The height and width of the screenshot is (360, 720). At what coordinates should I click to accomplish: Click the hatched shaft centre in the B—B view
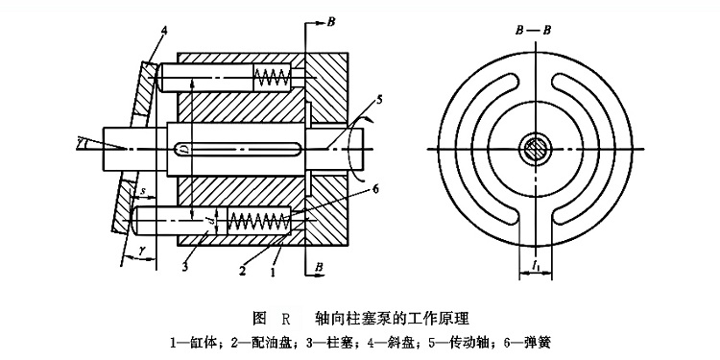click(536, 149)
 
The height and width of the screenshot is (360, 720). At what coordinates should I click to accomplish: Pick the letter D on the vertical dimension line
click(185, 149)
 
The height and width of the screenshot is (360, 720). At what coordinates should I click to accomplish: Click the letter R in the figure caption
click(285, 317)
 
